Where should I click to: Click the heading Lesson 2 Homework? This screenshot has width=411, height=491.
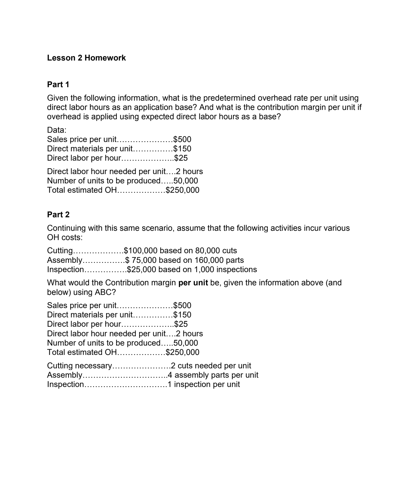86,58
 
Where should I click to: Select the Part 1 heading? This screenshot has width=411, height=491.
58,85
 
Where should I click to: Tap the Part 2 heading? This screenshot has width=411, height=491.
58,215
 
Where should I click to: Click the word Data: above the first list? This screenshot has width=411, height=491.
57,130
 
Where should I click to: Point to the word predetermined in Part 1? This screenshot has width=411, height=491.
229,98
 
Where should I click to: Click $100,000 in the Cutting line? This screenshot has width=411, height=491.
141,251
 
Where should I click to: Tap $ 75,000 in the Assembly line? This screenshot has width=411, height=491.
141,260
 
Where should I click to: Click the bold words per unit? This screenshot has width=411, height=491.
193,283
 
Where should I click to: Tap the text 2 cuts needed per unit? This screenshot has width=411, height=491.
211,366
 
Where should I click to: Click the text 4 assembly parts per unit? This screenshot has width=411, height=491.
213,375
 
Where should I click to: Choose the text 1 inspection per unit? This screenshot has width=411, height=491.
204,384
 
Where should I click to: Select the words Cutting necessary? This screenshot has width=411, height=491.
79,366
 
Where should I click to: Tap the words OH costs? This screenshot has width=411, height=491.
65,237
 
